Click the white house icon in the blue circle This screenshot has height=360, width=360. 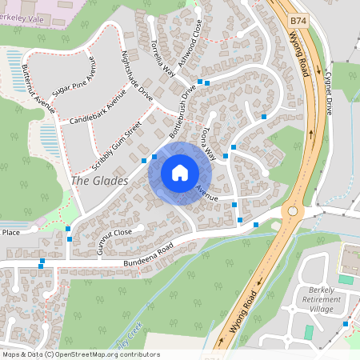(x=180, y=172)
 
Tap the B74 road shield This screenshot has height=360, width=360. (x=298, y=18)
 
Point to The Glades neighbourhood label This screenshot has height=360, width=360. (x=99, y=181)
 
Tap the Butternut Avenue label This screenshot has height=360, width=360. (x=39, y=87)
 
